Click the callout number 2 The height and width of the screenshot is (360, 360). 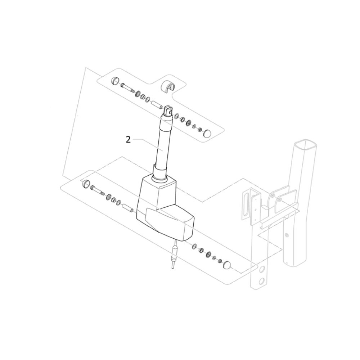(128, 140)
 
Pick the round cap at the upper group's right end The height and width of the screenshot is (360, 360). (208, 134)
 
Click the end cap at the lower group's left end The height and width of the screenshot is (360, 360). (86, 184)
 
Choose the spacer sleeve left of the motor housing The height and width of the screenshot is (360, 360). (127, 208)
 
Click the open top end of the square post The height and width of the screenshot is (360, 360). (306, 146)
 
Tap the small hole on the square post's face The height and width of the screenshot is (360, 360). (286, 235)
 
